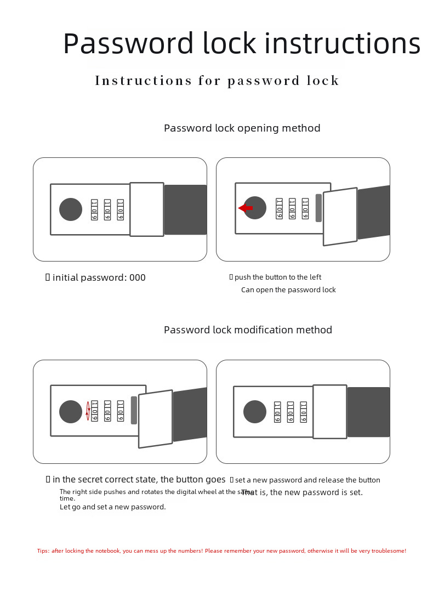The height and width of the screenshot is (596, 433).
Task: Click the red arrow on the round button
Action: [x=246, y=208]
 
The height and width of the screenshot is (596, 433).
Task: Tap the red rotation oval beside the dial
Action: [x=88, y=411]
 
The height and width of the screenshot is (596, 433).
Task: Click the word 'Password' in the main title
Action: [x=128, y=44]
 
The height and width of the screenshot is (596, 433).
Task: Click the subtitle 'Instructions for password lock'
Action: [x=217, y=81]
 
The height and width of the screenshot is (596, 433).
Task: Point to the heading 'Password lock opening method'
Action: [x=242, y=128]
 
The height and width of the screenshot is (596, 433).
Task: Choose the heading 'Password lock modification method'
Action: [x=248, y=330]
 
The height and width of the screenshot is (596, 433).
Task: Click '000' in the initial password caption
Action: [x=138, y=277]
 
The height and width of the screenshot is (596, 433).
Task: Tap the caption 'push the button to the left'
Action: [x=278, y=277]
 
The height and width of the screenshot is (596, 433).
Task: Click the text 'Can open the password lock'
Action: [x=288, y=290]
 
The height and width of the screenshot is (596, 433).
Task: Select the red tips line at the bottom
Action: [x=221, y=551]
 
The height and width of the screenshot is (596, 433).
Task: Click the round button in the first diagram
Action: [x=71, y=209]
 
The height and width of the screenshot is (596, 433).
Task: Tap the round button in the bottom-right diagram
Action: [x=255, y=412]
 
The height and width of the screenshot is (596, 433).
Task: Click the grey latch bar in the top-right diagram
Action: [x=318, y=208]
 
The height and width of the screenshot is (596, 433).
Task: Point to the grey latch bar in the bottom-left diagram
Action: [x=134, y=410]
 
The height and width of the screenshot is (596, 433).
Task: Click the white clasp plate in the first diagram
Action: [x=147, y=209]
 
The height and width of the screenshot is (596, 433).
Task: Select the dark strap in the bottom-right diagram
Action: [x=368, y=412]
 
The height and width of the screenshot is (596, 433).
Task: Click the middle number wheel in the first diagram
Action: [x=107, y=209]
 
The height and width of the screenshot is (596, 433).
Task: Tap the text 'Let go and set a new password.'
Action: [x=112, y=507]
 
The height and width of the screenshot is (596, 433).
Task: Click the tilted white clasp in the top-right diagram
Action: [x=340, y=217]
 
